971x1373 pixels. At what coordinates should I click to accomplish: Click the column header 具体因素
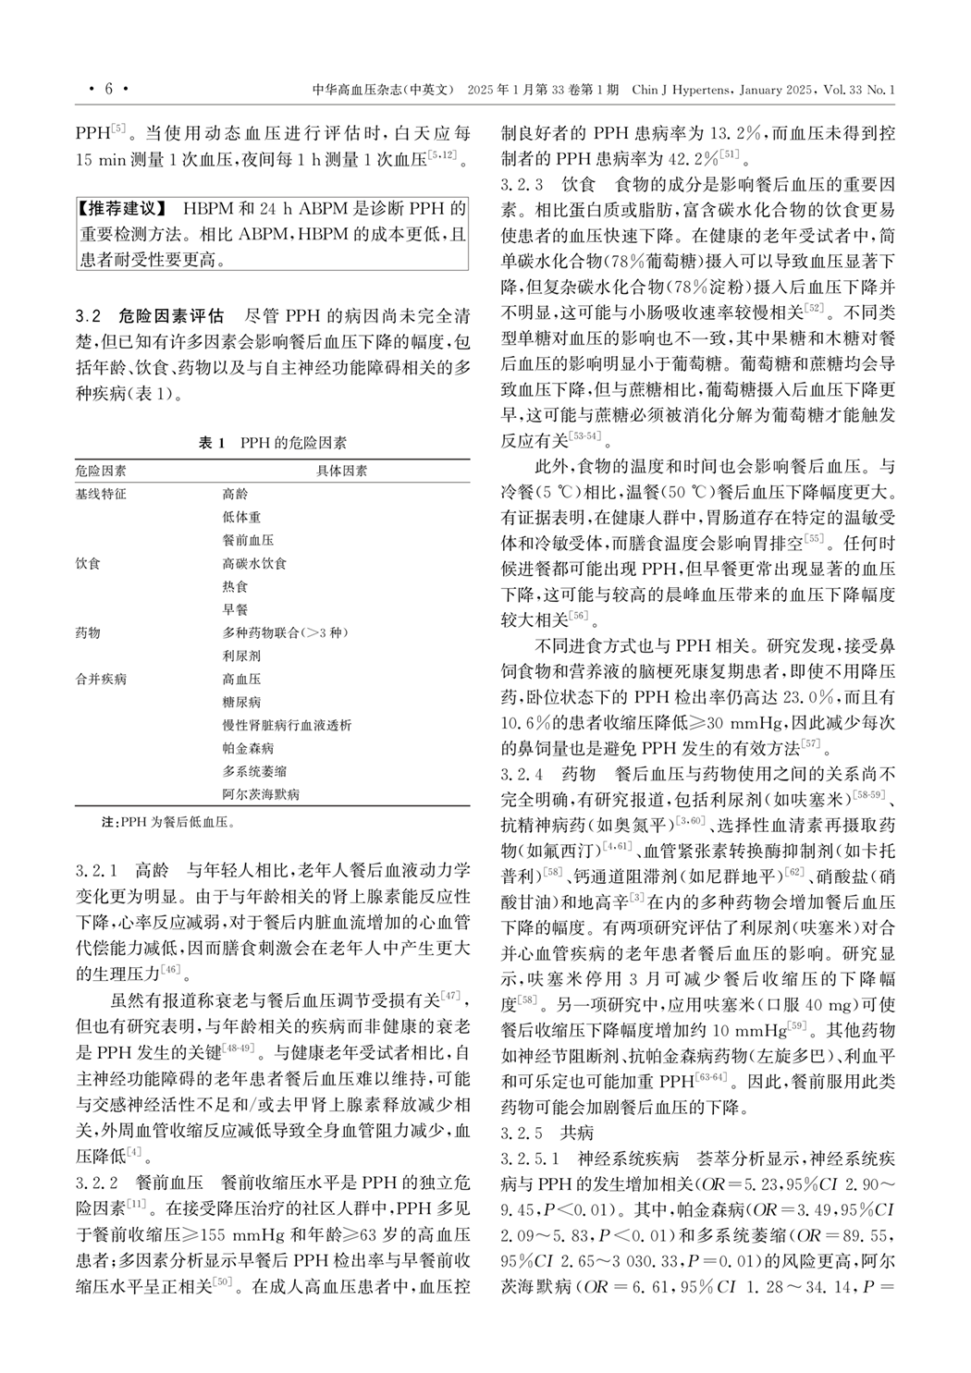point(341,471)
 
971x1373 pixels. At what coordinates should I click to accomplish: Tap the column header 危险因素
point(101,471)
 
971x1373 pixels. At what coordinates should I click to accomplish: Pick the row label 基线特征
point(101,494)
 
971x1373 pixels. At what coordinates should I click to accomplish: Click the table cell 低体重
point(241,517)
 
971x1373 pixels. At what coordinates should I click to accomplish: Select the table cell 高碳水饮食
point(254,563)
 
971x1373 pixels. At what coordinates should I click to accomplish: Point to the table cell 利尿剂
point(241,656)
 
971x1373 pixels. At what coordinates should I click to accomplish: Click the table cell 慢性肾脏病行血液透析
point(287,725)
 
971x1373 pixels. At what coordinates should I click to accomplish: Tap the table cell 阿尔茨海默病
point(261,794)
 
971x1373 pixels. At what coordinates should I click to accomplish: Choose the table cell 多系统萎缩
point(254,771)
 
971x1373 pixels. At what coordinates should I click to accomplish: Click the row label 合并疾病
point(101,679)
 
